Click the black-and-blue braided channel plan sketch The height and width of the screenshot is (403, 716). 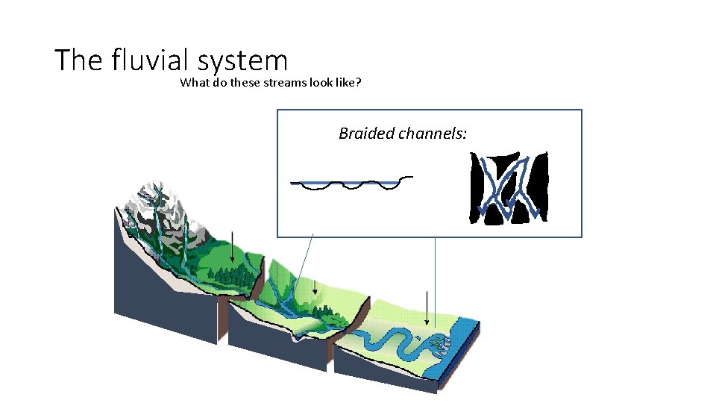point(509,187)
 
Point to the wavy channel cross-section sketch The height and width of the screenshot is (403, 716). point(351,183)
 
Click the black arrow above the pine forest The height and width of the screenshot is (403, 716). point(233,246)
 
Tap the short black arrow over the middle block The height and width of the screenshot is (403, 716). point(315,285)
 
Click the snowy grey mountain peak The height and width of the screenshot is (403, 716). point(153,200)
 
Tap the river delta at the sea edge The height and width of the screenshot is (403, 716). point(439,344)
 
